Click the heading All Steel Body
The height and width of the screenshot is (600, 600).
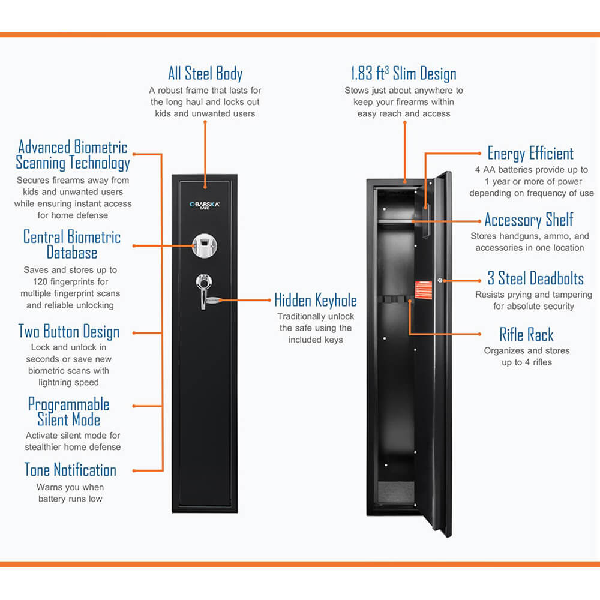pyautogui.click(x=205, y=74)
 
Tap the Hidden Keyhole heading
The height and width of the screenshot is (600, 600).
pyautogui.click(x=316, y=300)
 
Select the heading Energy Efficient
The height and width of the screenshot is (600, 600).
pyautogui.click(x=530, y=153)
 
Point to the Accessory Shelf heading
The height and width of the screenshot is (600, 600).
pyautogui.click(x=529, y=219)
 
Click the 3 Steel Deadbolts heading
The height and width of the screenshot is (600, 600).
pyautogui.click(x=535, y=278)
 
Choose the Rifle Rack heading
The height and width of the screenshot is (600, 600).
pyautogui.click(x=526, y=334)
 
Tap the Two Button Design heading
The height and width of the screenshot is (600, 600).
pyautogui.click(x=69, y=331)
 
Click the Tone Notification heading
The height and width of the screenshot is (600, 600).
pyautogui.click(x=70, y=469)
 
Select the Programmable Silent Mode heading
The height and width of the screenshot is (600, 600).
pyautogui.click(x=69, y=412)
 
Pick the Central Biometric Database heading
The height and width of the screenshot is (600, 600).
pyautogui.click(x=72, y=244)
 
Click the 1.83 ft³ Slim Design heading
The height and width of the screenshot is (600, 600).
pyautogui.click(x=403, y=74)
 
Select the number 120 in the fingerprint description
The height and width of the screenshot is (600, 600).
pyautogui.click(x=34, y=281)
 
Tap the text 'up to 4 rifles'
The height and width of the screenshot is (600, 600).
pyautogui.click(x=526, y=362)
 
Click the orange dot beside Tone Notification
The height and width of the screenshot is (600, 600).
pyautogui.click(x=134, y=470)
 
